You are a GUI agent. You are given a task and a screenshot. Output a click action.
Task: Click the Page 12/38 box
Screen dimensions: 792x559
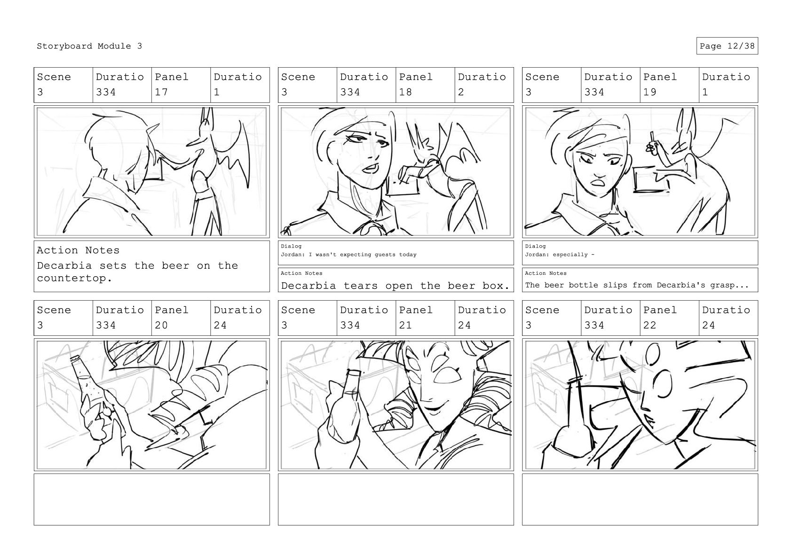(x=727, y=46)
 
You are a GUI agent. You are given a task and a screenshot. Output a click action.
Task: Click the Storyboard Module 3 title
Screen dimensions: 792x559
(x=89, y=46)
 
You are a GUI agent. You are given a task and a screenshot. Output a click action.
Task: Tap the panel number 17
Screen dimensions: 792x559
(x=161, y=92)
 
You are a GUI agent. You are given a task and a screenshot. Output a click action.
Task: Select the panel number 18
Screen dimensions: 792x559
(x=405, y=92)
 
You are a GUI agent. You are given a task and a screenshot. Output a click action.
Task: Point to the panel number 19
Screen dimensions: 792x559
(x=649, y=92)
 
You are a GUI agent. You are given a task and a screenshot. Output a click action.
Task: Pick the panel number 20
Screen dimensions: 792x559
(x=161, y=325)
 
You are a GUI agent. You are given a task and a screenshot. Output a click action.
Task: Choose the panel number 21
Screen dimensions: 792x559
(x=405, y=325)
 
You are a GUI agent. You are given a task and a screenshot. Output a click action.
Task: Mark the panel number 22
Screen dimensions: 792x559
(x=649, y=325)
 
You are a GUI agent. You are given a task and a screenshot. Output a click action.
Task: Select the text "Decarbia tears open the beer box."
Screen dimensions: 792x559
(x=395, y=286)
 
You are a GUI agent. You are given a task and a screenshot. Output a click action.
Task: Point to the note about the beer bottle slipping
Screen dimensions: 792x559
(x=636, y=285)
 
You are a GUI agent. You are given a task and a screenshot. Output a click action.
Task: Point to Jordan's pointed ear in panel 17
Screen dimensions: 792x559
(x=153, y=133)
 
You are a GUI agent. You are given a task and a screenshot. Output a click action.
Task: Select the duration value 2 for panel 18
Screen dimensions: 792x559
(x=461, y=92)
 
